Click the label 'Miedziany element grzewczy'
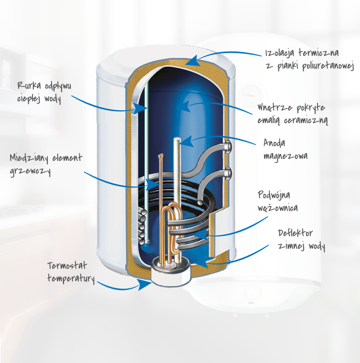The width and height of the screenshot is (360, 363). [46, 165]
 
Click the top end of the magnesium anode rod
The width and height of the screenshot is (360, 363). [179, 140]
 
